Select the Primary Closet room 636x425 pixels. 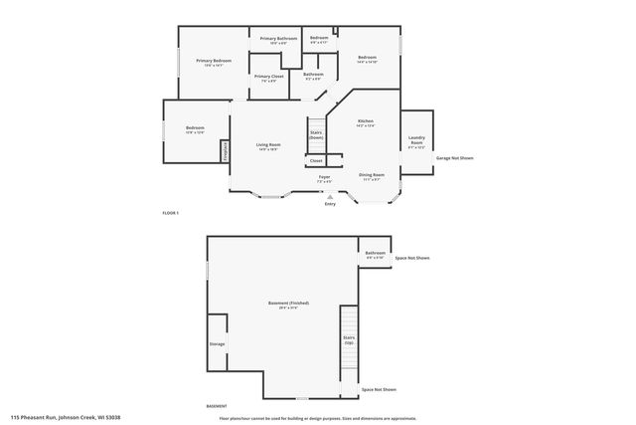click(269, 79)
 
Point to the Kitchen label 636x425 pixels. click(365, 122)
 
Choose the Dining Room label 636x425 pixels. click(372, 176)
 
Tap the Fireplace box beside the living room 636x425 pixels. click(226, 150)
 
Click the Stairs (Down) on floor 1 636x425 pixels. click(316, 134)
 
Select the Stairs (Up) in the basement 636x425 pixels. click(349, 340)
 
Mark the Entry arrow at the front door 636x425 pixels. click(330, 198)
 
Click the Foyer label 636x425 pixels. click(324, 179)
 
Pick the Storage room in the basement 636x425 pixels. click(217, 344)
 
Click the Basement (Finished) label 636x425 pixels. click(282, 305)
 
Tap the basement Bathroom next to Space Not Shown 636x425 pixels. click(375, 255)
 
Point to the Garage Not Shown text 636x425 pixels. click(454, 158)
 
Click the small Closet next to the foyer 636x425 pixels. click(316, 160)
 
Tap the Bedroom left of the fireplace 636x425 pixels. click(195, 129)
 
